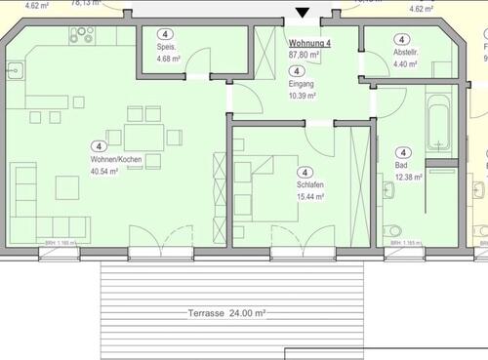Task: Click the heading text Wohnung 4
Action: [x=309, y=43]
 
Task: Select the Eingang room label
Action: [x=302, y=84]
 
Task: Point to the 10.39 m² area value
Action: [x=302, y=95]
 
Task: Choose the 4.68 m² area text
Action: [x=170, y=59]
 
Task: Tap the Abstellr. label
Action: [x=406, y=53]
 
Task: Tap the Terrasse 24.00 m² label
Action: [x=226, y=313]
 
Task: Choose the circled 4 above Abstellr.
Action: [x=405, y=38]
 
